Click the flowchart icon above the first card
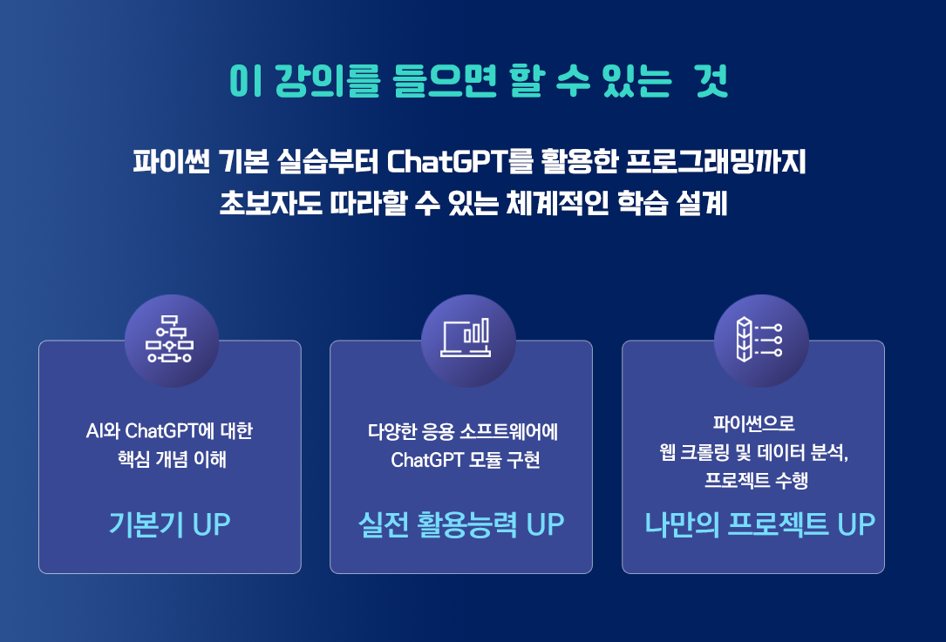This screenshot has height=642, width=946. tap(169, 339)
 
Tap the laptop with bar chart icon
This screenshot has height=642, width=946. tap(466, 338)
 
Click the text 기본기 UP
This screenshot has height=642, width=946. tap(169, 524)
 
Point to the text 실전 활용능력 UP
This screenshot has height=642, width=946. tap(461, 524)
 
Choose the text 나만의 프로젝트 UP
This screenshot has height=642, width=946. tap(759, 524)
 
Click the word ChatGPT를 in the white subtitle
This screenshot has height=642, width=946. tap(459, 161)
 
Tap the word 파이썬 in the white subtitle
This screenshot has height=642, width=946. tap(172, 161)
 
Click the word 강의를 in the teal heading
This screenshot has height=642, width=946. tap(328, 81)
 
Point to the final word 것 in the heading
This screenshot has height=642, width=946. tap(711, 81)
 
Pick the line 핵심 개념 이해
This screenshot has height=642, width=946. tap(172, 459)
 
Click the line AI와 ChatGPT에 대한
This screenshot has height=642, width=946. tap(169, 430)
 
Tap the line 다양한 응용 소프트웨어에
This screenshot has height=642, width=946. tap(463, 431)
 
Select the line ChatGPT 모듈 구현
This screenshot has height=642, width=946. tap(466, 460)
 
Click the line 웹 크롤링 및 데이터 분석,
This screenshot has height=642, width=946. tap(754, 451)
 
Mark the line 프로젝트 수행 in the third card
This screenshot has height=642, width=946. tap(757, 480)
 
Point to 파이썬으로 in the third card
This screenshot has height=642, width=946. tap(753, 423)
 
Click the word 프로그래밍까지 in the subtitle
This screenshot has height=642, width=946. tap(716, 161)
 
